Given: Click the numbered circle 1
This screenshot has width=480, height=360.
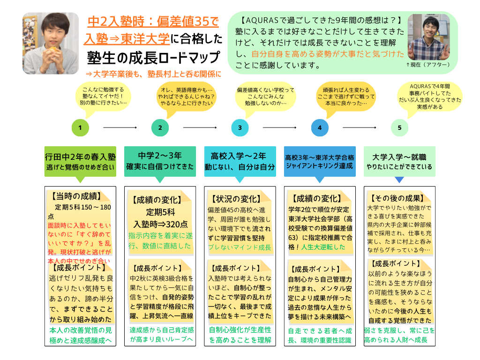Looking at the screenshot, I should (81, 127).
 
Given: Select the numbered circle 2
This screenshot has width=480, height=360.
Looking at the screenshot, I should (160, 127).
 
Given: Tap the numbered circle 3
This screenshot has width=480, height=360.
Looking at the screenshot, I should (240, 127).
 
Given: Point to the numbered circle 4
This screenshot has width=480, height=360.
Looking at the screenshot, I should (320, 127).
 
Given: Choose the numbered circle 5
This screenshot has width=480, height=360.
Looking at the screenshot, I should (399, 127).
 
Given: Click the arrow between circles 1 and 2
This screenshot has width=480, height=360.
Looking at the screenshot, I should (120, 127).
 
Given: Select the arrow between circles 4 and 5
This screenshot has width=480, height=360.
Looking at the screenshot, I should (360, 127).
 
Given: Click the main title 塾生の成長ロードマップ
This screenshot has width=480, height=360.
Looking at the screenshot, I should (153, 58).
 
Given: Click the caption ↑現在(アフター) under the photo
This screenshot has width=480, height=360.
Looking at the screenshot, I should (428, 64).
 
